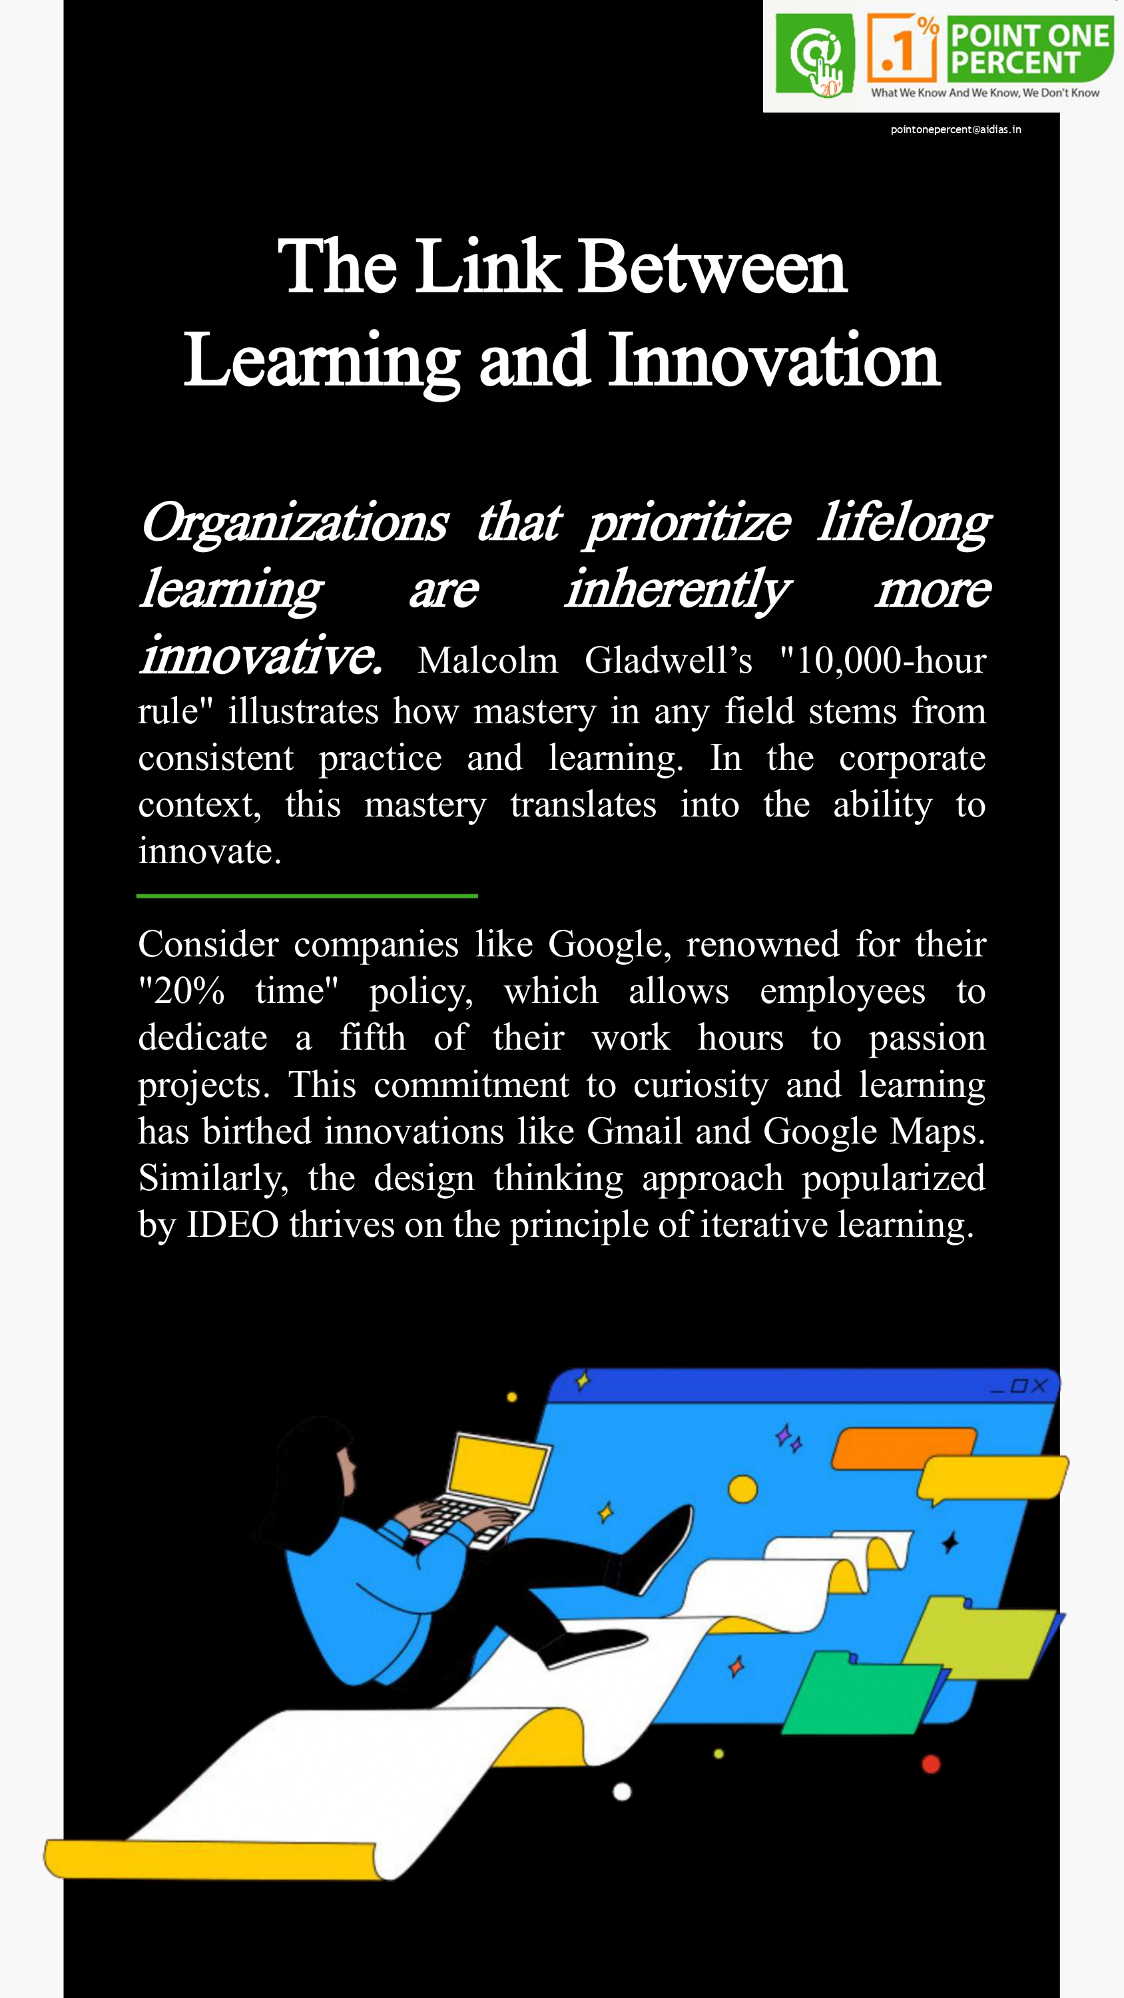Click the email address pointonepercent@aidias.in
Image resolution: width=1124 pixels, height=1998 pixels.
coord(955,129)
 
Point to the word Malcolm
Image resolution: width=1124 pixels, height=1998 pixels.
coord(487,661)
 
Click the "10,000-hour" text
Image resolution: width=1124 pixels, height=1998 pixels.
coord(883,661)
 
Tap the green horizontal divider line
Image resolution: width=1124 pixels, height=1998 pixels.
coord(307,896)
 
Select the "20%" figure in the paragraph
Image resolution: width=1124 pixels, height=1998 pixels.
coord(182,991)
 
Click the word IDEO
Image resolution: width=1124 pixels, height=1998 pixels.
coord(232,1225)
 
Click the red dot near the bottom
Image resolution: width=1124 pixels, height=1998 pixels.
coord(931,1764)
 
